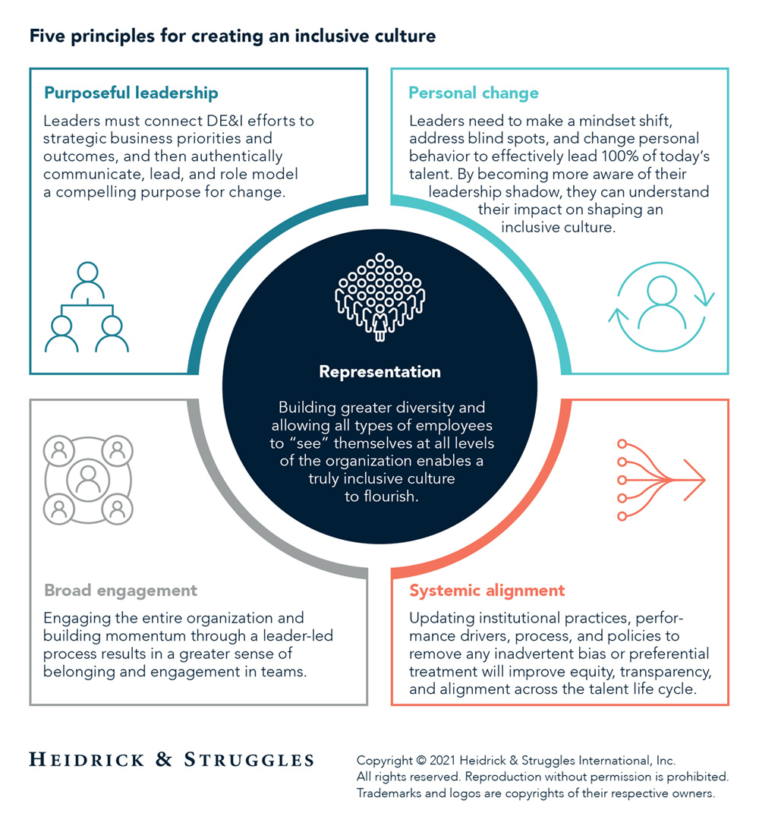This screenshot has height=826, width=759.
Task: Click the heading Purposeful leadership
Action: [x=131, y=93]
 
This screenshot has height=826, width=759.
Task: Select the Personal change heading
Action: [x=474, y=93]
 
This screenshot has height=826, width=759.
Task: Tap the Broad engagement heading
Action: [x=121, y=590]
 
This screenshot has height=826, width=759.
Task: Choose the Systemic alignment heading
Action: [x=487, y=590]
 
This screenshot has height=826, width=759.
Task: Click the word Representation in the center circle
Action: [x=379, y=372]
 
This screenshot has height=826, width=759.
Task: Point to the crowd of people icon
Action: [x=379, y=297]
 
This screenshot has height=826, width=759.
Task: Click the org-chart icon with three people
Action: [x=87, y=307]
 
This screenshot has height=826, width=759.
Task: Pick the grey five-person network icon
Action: [x=88, y=479]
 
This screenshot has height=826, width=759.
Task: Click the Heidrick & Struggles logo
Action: [x=172, y=758]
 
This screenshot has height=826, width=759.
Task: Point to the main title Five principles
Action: [x=232, y=36]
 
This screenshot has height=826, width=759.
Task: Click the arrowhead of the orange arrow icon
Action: [x=694, y=480]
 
